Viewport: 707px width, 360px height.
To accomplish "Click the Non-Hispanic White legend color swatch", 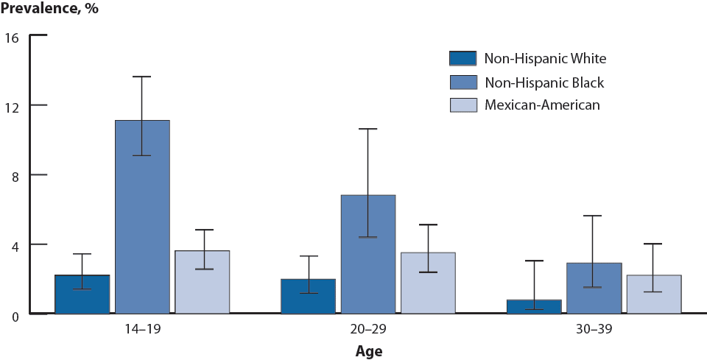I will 462,58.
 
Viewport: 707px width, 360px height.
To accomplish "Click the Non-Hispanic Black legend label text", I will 544,82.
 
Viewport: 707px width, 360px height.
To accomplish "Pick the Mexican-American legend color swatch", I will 462,105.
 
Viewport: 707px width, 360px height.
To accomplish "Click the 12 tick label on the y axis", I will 13,105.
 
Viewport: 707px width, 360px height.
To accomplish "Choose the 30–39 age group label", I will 594,329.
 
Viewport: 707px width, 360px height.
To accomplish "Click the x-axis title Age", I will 368,350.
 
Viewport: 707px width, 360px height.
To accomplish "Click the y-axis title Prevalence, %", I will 49,9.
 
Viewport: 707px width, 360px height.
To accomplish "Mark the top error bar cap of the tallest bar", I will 142,77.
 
